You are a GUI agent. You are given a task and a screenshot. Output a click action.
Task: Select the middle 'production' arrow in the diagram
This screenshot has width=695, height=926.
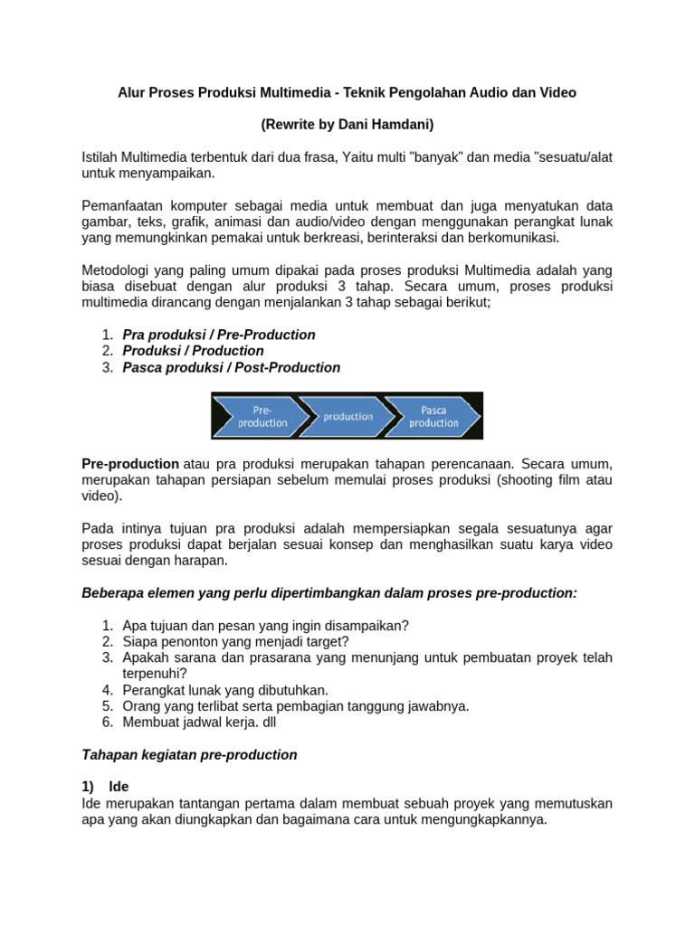pos(347,416)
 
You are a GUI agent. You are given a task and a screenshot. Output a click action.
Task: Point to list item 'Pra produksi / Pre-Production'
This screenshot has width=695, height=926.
pos(219,335)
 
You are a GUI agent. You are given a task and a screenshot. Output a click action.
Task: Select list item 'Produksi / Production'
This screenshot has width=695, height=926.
pos(194,351)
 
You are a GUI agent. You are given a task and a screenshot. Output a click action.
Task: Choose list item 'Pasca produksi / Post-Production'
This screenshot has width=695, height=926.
pos(232,367)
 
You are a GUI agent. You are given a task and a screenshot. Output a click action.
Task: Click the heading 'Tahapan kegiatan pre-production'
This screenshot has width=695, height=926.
pos(189,754)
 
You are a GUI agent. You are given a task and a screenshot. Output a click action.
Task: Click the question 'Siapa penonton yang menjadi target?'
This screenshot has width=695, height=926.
pos(235,641)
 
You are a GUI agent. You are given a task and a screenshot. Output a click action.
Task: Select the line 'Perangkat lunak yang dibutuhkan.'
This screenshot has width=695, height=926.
pos(225,690)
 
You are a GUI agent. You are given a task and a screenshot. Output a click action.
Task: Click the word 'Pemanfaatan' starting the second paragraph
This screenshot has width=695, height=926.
pos(122,205)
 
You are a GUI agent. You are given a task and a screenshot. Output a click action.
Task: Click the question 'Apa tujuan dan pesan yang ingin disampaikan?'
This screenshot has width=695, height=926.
pos(266,625)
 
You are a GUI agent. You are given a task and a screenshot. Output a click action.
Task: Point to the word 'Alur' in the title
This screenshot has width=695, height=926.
pos(133,92)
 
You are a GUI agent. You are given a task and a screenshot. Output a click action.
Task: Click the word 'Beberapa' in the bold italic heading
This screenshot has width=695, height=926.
pos(111,592)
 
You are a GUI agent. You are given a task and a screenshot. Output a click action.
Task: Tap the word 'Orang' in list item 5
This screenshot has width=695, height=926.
pos(141,706)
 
